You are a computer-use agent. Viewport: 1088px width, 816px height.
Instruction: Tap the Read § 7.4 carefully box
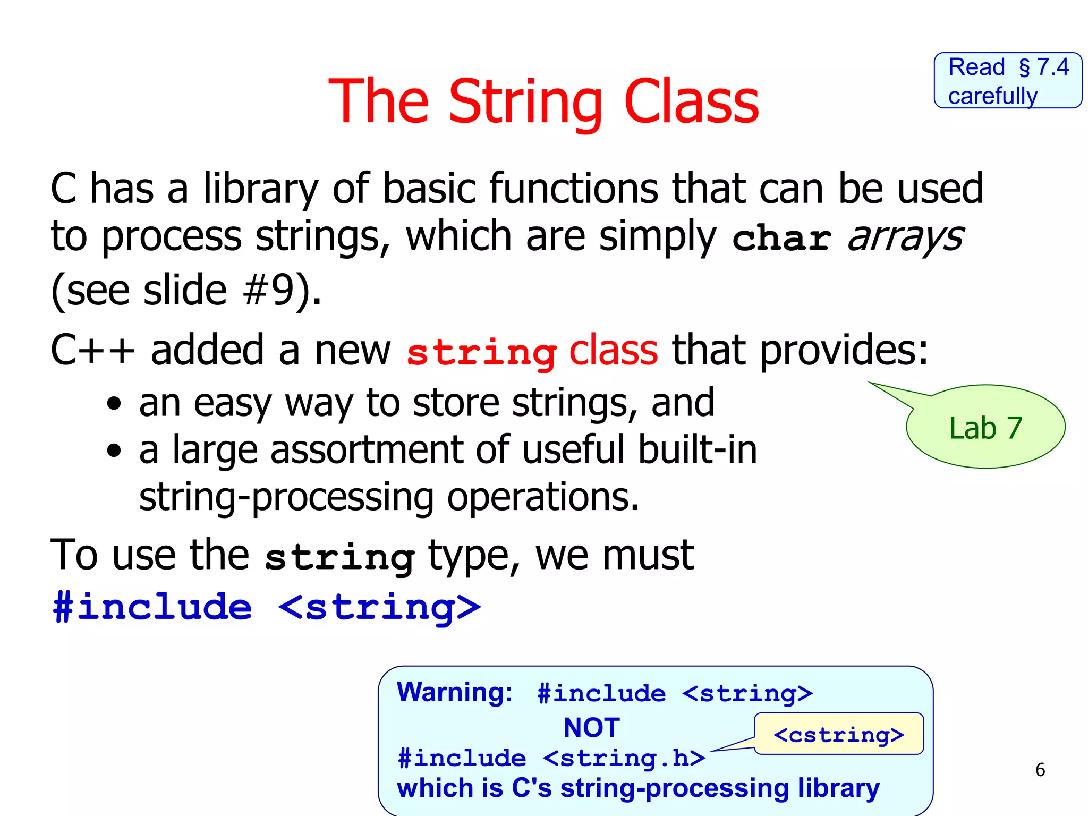click(1008, 81)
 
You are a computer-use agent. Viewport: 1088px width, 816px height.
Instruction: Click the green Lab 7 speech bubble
click(985, 428)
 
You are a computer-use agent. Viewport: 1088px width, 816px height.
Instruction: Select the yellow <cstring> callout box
click(839, 735)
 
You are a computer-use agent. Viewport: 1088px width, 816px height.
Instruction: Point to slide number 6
click(1040, 770)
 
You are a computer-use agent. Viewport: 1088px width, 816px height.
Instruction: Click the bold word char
click(781, 238)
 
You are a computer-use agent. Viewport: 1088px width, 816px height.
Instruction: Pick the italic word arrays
click(905, 237)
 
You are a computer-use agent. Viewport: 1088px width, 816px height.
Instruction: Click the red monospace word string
click(481, 352)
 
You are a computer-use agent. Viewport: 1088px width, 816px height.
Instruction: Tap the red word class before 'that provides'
click(613, 350)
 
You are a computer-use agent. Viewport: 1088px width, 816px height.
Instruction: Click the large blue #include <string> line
click(267, 607)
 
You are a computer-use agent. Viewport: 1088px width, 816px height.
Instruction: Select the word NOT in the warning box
click(591, 727)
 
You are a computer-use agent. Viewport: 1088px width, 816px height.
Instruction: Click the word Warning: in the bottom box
click(455, 692)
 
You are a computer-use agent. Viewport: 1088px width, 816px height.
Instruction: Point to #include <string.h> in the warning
click(551, 758)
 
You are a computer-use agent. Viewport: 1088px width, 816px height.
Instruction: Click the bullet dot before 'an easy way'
click(114, 404)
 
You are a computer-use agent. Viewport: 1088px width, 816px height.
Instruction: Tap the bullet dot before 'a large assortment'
click(114, 451)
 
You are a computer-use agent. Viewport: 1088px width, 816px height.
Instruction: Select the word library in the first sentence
click(261, 189)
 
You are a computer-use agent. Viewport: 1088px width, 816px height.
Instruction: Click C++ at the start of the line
click(92, 350)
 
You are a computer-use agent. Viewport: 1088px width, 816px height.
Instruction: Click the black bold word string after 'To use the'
click(339, 557)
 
